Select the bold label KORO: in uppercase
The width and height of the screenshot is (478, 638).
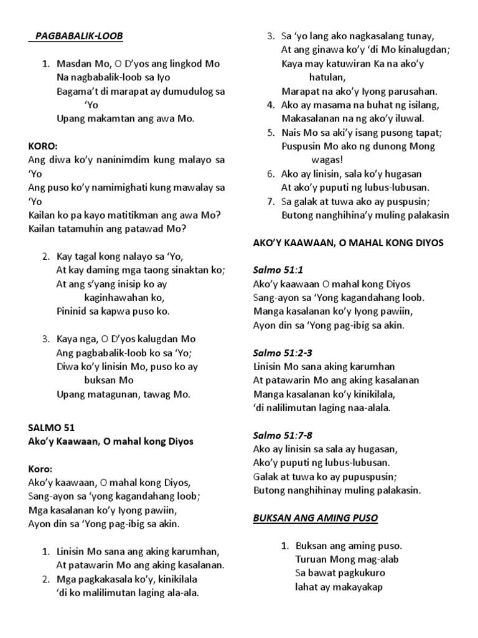tap(43, 146)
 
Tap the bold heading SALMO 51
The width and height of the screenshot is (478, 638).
tap(52, 427)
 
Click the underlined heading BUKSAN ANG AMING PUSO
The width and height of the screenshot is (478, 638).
tap(316, 518)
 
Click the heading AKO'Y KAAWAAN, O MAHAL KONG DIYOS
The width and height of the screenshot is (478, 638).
tap(348, 243)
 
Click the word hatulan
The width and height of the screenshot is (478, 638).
tap(327, 77)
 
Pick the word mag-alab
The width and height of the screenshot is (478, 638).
tap(377, 559)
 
